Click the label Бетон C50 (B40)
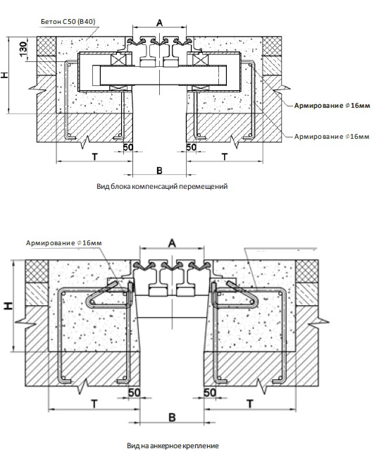pyautogui.click(x=68, y=22)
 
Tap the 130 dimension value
pyautogui.click(x=23, y=47)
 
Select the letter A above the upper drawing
pyautogui.click(x=160, y=23)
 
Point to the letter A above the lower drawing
pyautogui.click(x=172, y=243)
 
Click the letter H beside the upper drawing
pyautogui.click(x=5, y=75)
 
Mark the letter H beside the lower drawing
pyautogui.click(x=8, y=305)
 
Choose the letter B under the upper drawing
pyautogui.click(x=159, y=171)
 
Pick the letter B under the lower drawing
pyautogui.click(x=172, y=418)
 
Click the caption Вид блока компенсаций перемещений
pyautogui.click(x=162, y=186)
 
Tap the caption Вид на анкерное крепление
pyautogui.click(x=173, y=445)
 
